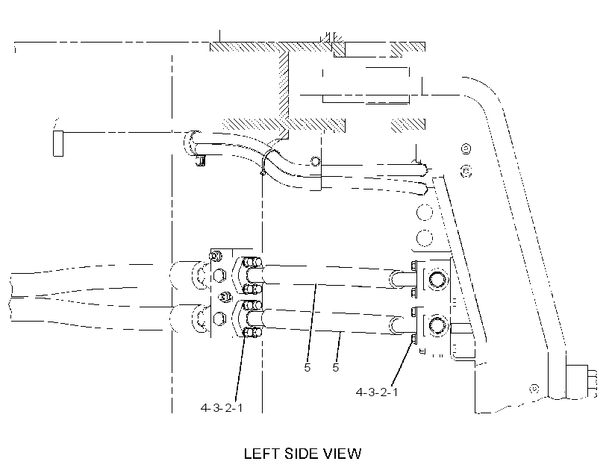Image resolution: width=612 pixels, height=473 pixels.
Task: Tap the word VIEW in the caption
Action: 343,454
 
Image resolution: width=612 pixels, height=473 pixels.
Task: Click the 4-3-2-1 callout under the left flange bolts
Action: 222,408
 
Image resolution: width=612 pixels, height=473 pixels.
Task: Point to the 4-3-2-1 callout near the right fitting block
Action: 377,392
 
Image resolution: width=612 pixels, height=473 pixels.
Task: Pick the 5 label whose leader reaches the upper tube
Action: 307,368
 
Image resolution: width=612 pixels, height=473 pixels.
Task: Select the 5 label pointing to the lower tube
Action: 336,368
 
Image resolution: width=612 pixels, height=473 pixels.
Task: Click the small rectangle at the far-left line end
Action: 58,144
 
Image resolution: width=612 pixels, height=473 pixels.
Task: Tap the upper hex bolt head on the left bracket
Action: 219,276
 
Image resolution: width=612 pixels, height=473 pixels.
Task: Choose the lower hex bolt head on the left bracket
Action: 219,318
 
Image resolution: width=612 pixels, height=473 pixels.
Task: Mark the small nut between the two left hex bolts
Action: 224,297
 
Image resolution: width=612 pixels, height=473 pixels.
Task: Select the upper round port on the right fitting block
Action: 438,279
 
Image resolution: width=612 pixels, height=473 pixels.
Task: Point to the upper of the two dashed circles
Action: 425,213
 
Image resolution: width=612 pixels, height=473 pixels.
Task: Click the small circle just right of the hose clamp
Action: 316,161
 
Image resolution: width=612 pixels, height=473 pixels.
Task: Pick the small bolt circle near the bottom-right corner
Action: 534,389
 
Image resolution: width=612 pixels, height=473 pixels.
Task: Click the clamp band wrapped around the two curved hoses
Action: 266,161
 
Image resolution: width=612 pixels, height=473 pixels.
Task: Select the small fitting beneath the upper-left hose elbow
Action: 200,160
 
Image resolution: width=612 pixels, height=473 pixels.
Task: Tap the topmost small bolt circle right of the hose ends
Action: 466,148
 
